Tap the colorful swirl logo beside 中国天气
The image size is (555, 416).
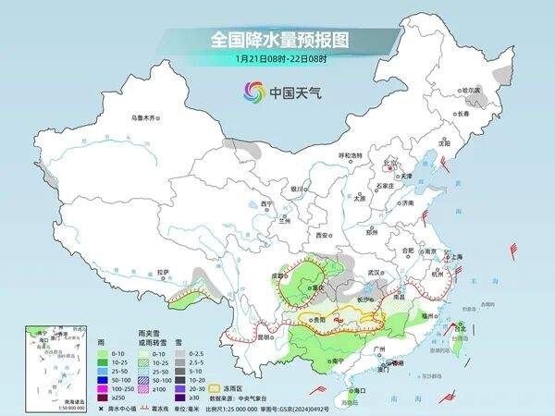tap(253, 92)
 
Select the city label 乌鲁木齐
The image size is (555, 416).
tap(145, 117)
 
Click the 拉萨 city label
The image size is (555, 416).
tap(163, 272)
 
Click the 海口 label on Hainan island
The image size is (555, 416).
tap(347, 391)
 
